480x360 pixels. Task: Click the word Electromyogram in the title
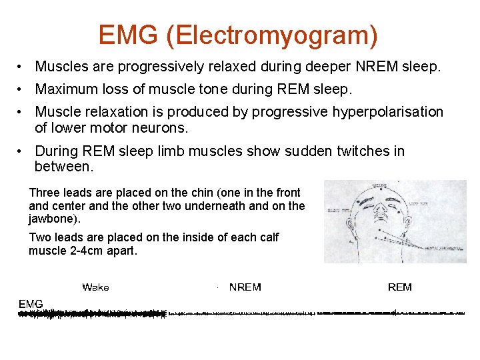(271, 35)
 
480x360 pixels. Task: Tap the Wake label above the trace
(95, 287)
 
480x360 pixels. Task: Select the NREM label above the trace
(245, 287)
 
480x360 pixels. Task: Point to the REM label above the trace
(400, 287)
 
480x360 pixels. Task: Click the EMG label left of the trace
(31, 304)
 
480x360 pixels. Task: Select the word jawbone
(53, 218)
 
